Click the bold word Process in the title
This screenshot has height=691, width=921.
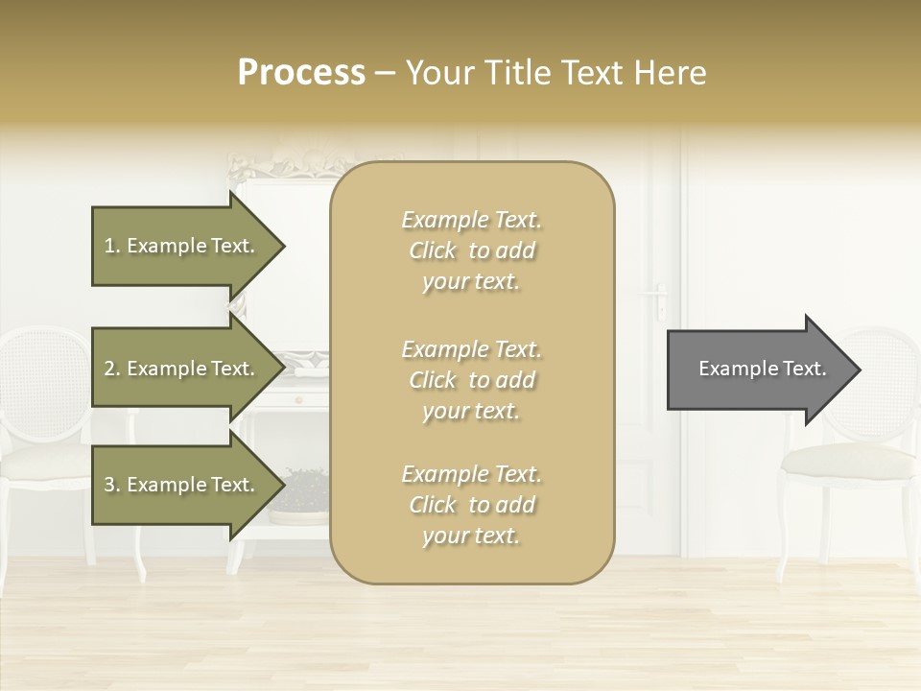(301, 73)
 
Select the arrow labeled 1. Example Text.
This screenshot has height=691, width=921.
(182, 246)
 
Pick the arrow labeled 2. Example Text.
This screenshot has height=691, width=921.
(182, 369)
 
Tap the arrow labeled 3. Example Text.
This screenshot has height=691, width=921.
(182, 485)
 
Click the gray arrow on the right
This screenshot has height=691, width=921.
(758, 369)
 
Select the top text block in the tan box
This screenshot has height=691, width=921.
(471, 250)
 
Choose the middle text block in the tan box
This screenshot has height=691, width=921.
(471, 380)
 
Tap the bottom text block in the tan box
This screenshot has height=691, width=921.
(471, 505)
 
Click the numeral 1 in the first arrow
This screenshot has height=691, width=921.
(108, 246)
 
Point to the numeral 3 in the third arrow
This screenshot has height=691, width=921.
(109, 485)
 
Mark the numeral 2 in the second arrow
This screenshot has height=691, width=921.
(109, 369)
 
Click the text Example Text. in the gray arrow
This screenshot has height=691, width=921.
(762, 369)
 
